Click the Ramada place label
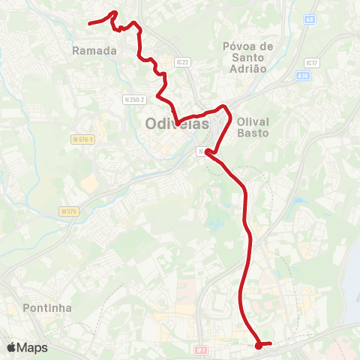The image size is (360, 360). click(x=94, y=51)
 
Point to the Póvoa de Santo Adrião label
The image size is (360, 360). click(x=249, y=57)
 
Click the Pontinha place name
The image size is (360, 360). click(x=47, y=307)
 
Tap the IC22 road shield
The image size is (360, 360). click(x=181, y=61)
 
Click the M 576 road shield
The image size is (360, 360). click(x=70, y=212)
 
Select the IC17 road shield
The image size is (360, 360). click(x=313, y=63)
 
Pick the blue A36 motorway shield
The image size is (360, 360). click(x=302, y=76)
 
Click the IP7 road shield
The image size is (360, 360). click(x=199, y=349)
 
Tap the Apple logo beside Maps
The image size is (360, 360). click(x=11, y=347)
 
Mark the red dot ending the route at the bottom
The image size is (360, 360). click(x=258, y=345)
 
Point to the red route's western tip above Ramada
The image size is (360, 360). click(x=90, y=24)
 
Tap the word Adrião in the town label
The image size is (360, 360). click(x=249, y=68)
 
